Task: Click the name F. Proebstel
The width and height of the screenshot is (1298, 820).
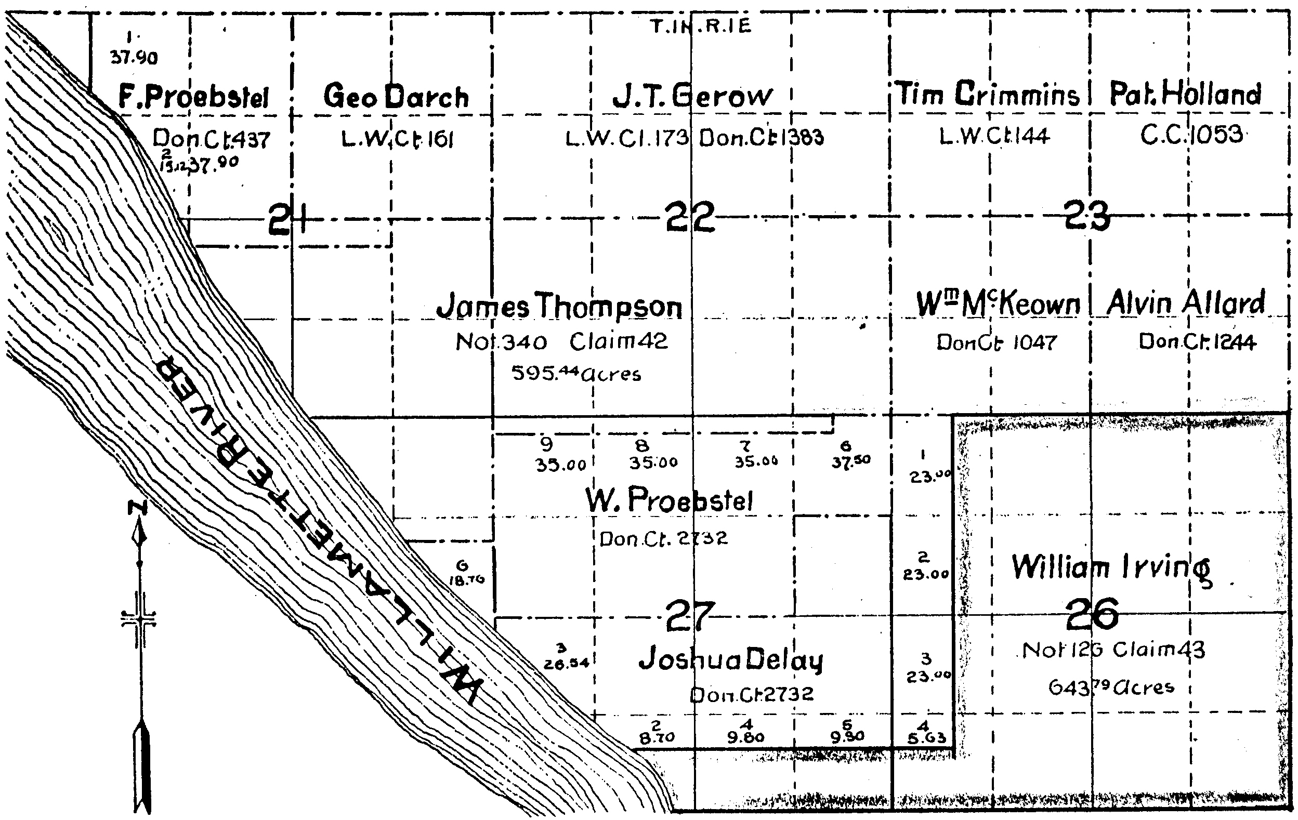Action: pos(193,98)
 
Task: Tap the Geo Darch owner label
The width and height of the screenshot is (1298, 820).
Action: pos(396,97)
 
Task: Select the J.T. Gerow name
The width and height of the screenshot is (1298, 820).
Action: pos(692,97)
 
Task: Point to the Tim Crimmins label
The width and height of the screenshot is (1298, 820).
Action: pos(988,94)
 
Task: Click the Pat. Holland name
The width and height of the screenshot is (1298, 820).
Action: pos(1185,94)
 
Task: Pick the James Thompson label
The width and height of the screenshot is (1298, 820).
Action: pos(559,306)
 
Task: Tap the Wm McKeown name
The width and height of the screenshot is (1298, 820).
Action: pos(998,305)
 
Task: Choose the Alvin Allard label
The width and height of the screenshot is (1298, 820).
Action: pos(1186,303)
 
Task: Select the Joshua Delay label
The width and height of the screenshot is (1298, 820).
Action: pos(731,660)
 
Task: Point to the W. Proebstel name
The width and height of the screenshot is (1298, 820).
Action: pos(669,500)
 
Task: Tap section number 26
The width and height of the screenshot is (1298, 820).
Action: pos(1092,614)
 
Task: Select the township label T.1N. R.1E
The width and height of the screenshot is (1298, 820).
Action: pos(700,27)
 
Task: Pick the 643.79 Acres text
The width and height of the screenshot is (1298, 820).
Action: pos(1111,687)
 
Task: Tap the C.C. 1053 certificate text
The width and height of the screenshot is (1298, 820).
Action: pos(1192,135)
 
